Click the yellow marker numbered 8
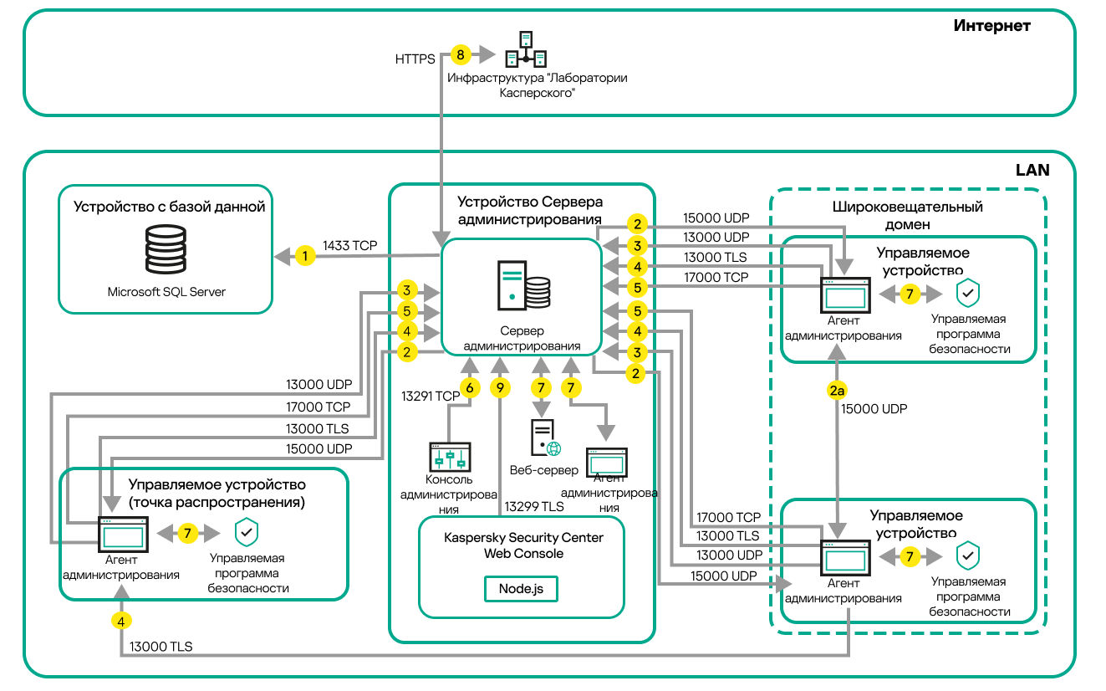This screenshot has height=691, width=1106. tap(460, 55)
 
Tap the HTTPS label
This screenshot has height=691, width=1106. tap(415, 59)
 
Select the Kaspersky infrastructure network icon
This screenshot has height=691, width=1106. tap(526, 49)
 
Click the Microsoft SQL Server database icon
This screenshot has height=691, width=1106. tap(166, 248)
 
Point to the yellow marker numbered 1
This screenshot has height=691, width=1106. tap(306, 256)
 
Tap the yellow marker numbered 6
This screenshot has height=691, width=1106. tap(470, 388)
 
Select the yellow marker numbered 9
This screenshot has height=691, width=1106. tap(500, 388)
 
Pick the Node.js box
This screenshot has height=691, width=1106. tap(521, 588)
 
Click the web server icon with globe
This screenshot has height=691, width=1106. tap(544, 438)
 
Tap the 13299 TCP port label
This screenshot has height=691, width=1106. tap(533, 506)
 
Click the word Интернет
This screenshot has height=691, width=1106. tap(991, 26)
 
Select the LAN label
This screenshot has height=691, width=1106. tap(1032, 170)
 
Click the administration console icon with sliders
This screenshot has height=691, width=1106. tap(450, 457)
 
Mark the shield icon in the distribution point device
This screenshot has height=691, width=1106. tap(247, 532)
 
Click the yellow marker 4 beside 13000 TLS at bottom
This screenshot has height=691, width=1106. tap(122, 621)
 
